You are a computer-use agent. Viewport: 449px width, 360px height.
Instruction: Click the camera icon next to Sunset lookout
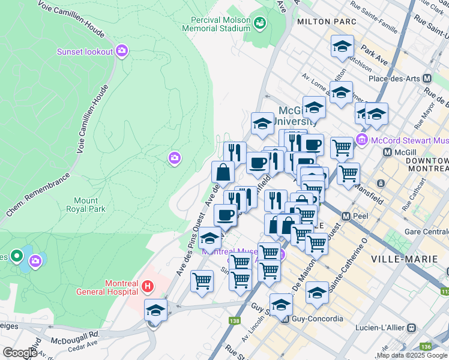(122, 51)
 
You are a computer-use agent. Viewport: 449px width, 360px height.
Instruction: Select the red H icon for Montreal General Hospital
(146, 287)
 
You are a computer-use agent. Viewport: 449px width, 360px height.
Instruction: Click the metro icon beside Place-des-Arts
(427, 79)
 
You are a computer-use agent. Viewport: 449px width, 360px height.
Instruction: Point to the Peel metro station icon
(346, 215)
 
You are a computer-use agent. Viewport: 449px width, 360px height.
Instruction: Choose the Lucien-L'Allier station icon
(411, 328)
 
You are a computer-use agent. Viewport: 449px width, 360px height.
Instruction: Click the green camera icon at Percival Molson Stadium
(260, 23)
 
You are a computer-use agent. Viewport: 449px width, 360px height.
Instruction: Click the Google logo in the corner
(20, 352)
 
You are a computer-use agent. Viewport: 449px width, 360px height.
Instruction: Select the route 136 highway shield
(426, 346)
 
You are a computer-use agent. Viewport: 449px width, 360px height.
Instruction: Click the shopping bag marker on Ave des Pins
(223, 173)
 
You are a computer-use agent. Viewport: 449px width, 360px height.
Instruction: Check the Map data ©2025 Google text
(412, 355)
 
